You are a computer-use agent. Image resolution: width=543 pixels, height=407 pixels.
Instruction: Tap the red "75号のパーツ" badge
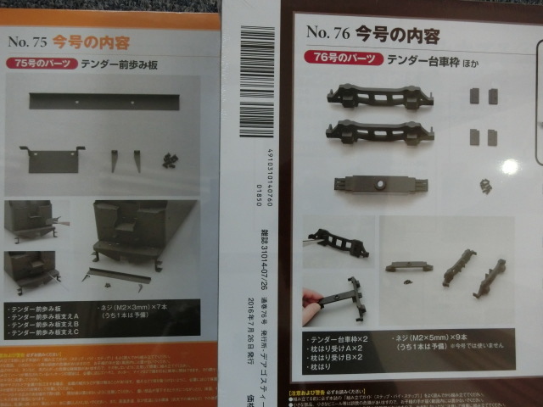(41, 64)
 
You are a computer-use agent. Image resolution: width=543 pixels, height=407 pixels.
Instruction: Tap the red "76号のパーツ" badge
(341, 59)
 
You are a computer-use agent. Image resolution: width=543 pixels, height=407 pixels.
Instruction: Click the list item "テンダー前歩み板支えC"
(50, 332)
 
